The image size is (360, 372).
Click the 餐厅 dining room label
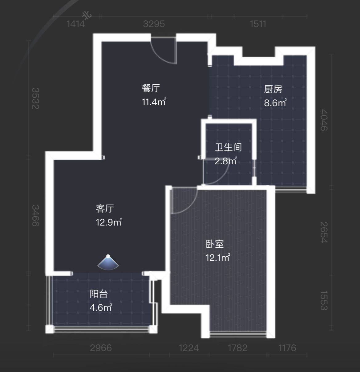tap(151, 88)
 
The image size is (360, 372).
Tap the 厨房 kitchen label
tap(273, 89)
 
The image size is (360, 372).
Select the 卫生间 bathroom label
tap(228, 147)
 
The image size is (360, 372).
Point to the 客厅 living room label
tap(105, 208)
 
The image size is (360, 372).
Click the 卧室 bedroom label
tap(215, 244)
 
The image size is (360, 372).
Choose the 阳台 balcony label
tap(99, 294)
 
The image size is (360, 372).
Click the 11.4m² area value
tap(154, 102)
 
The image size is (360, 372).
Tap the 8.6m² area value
tap(275, 103)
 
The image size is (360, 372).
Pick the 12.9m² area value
tap(109, 222)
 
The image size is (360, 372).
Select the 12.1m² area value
tap(218, 258)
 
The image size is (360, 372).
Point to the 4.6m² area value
tap(101, 307)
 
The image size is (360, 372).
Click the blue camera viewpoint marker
tap(108, 262)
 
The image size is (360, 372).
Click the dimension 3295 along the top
tap(154, 24)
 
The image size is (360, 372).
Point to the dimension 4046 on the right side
tap(324, 120)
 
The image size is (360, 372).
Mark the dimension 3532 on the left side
tap(35, 98)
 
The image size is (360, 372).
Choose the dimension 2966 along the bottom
tap(101, 348)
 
